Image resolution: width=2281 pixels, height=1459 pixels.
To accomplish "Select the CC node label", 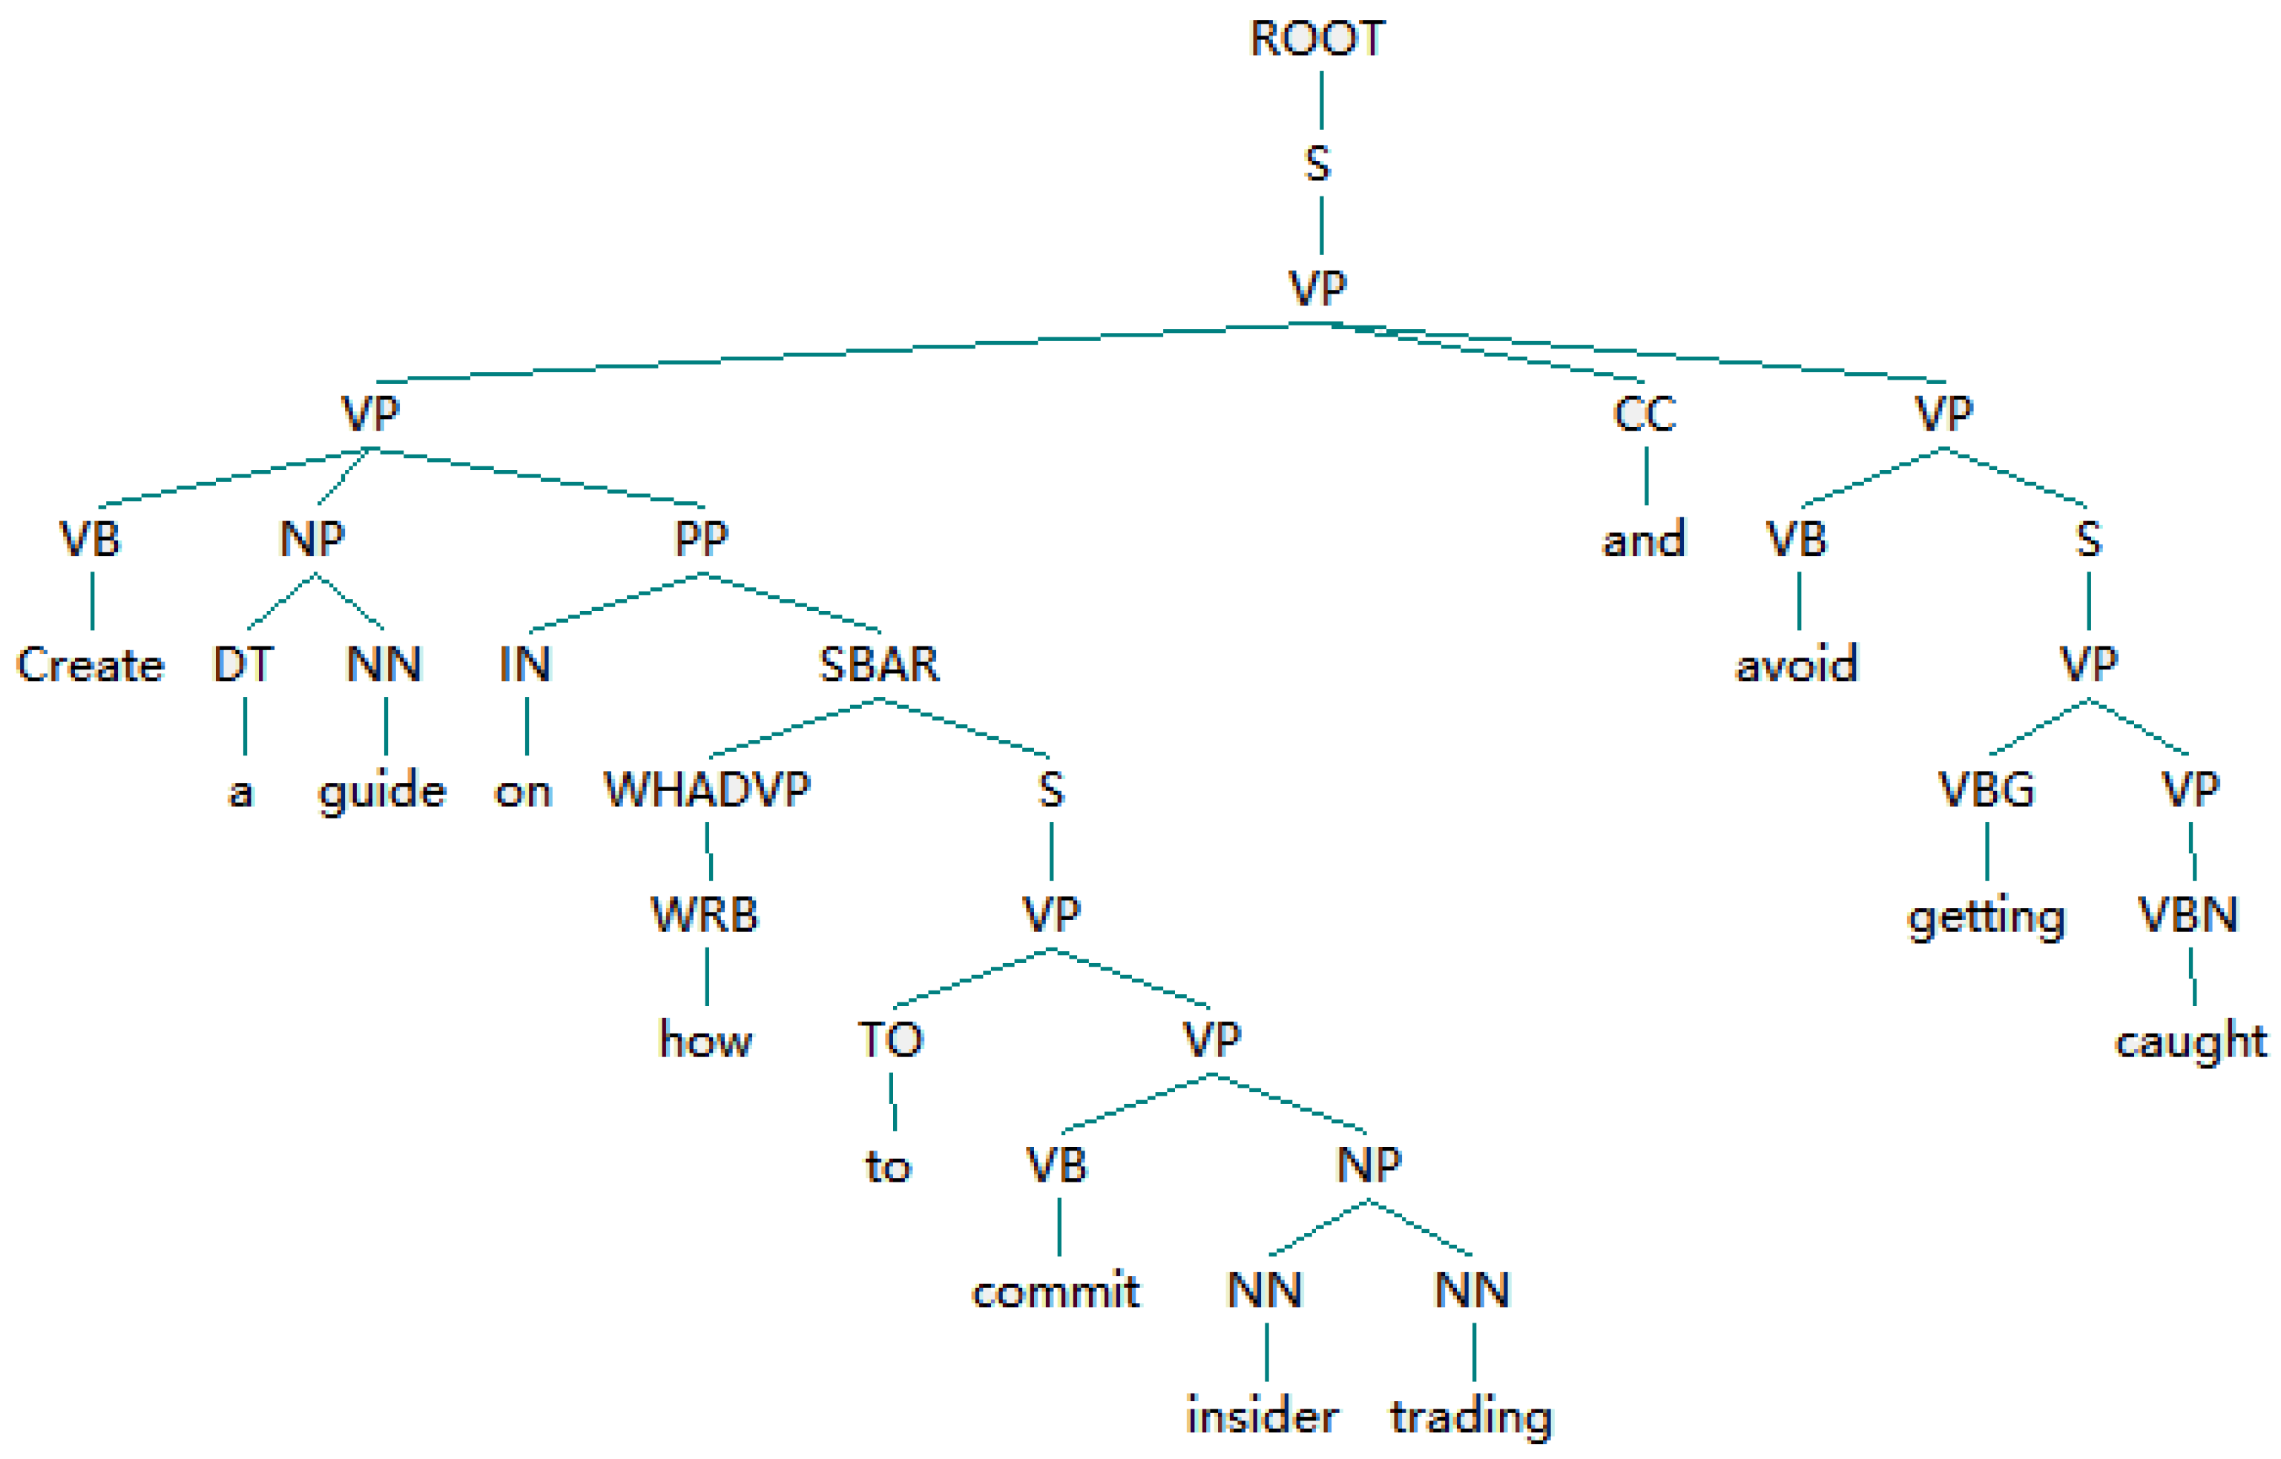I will [1645, 414].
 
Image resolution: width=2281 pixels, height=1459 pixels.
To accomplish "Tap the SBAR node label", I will [878, 664].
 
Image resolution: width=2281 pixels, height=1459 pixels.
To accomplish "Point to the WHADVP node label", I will [707, 790].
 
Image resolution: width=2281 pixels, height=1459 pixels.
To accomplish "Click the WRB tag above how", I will [704, 914].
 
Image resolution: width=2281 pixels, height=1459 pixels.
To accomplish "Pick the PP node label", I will [701, 538].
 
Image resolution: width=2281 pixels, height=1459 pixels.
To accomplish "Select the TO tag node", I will [890, 1039].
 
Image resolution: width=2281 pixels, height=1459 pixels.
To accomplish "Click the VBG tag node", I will [1987, 790].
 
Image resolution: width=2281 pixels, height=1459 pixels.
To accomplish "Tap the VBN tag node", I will [2188, 914].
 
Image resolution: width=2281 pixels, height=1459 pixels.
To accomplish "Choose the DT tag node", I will [243, 664].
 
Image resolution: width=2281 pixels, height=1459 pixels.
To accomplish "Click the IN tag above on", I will [525, 664].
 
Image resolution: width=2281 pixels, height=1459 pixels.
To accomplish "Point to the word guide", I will [382, 792].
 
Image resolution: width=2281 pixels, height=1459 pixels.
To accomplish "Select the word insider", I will [1263, 1416].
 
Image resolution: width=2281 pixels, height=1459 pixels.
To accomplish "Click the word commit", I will [1056, 1291].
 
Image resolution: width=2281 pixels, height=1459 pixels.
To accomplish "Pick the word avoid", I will [1796, 664].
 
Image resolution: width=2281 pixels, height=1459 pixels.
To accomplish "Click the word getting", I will [1987, 918].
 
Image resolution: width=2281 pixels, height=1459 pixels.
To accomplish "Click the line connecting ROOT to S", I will [1321, 100].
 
